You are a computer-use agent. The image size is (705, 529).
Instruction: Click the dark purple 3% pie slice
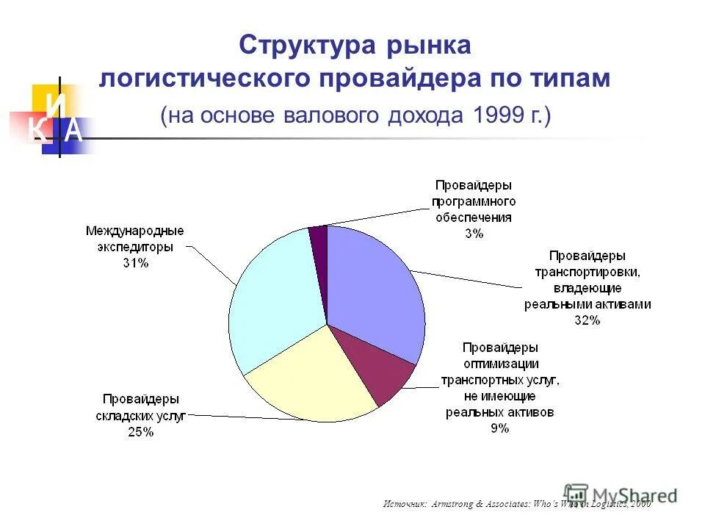(x=318, y=239)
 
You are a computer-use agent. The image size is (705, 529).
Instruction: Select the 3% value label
(x=473, y=234)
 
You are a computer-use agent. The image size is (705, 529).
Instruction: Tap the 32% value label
(x=587, y=320)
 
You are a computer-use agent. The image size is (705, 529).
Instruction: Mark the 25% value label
(x=140, y=432)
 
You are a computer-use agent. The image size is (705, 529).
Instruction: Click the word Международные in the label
(x=135, y=231)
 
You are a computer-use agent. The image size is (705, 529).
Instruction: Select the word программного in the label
(x=474, y=201)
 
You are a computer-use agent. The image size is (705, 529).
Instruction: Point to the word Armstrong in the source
(x=455, y=503)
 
